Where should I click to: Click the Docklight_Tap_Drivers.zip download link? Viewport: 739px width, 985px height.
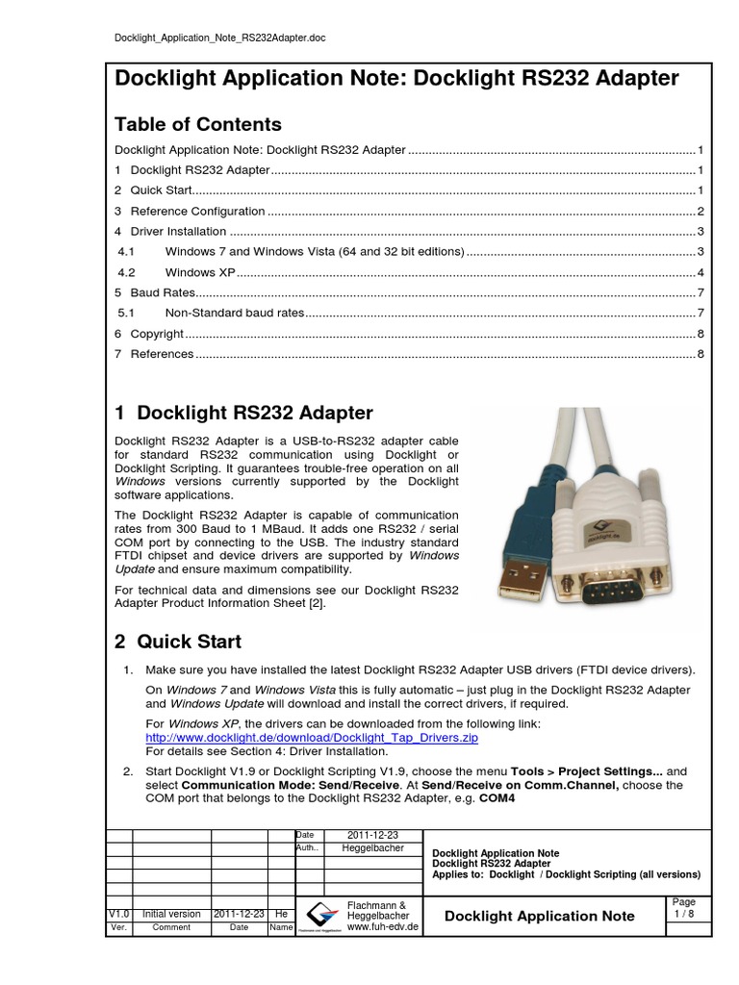(x=311, y=737)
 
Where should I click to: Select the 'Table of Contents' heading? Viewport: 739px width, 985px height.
(x=198, y=124)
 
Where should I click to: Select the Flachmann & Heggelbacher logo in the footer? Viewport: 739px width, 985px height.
(x=319, y=917)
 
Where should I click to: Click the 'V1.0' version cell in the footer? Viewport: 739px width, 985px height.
(x=117, y=914)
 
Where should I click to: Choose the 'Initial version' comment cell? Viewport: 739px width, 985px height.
(x=171, y=914)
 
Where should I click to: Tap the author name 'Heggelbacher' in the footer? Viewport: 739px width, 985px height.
(x=373, y=848)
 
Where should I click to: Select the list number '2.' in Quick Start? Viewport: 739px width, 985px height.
(x=128, y=771)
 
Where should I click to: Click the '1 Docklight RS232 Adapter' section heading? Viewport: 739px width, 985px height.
(x=243, y=414)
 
